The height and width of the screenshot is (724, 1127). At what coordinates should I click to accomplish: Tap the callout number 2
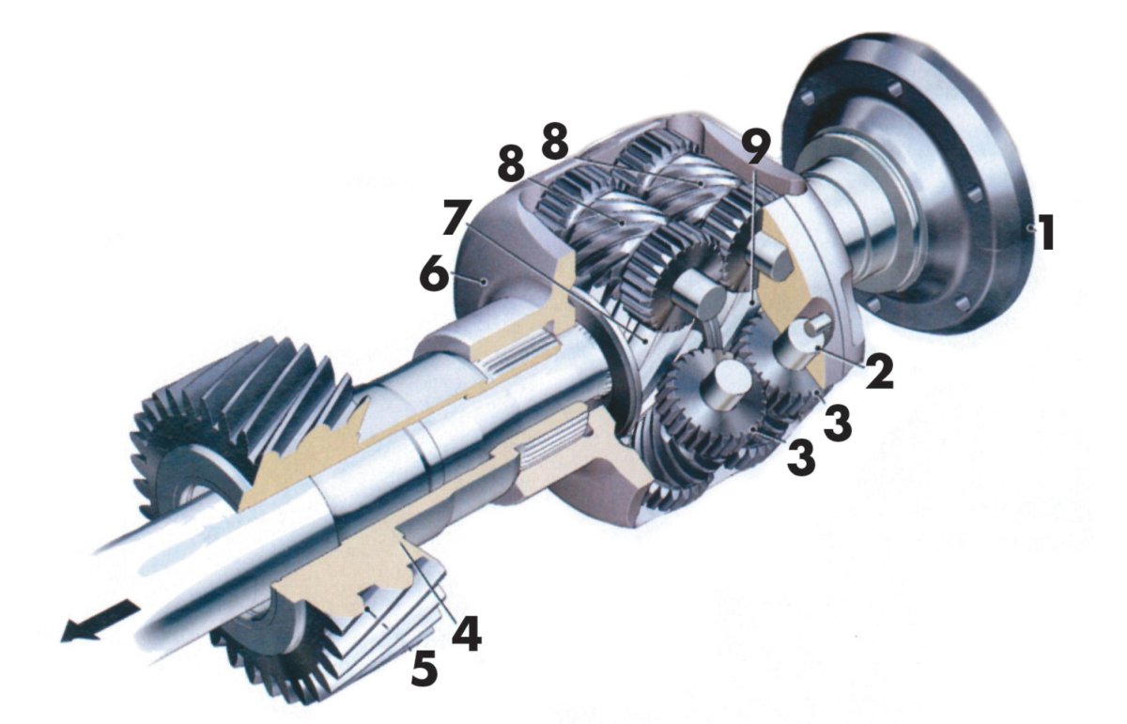pos(878,371)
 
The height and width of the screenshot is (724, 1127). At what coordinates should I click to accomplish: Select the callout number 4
pos(466,634)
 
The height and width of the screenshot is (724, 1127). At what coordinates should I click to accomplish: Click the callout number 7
pos(456,217)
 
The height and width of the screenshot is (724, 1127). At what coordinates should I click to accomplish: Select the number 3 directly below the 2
pos(837,424)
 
